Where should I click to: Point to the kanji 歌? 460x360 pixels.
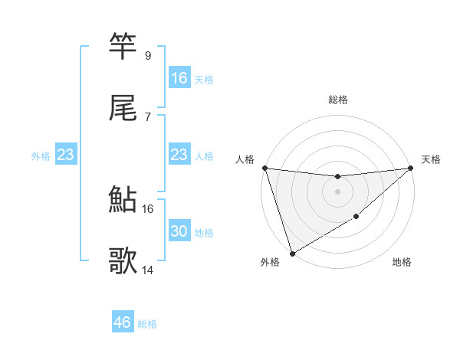click(x=123, y=261)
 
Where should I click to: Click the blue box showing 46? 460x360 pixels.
click(x=123, y=322)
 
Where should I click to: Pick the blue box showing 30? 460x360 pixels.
click(x=179, y=231)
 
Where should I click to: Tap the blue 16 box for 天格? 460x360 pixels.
click(x=179, y=78)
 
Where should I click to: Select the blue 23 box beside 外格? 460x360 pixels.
click(x=66, y=155)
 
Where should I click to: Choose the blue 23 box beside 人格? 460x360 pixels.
click(x=179, y=155)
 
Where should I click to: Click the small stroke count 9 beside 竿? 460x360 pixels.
click(x=147, y=56)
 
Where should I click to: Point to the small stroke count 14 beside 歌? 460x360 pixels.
click(x=148, y=270)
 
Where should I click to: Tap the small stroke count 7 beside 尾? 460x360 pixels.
click(x=147, y=116)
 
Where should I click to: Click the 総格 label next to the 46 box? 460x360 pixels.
click(x=147, y=324)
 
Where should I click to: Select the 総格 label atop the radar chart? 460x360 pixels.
click(x=337, y=100)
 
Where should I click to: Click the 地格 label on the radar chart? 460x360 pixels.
click(x=402, y=263)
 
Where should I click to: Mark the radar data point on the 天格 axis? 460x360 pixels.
click(x=411, y=169)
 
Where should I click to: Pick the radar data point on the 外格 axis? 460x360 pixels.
click(x=291, y=253)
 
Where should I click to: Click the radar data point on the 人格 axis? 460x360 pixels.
click(x=264, y=168)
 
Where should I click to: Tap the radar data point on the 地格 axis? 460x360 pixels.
click(x=356, y=218)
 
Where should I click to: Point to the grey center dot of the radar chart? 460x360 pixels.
click(x=337, y=191)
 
